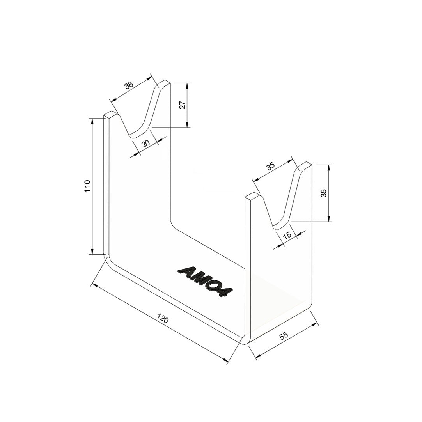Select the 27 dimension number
pos(182,105)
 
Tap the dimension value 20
pos(145,143)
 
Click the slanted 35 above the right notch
pos(270,165)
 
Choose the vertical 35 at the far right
pos(324,193)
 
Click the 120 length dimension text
pos(163,319)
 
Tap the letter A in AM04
pos(186,271)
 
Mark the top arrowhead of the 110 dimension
pos(92,121)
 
